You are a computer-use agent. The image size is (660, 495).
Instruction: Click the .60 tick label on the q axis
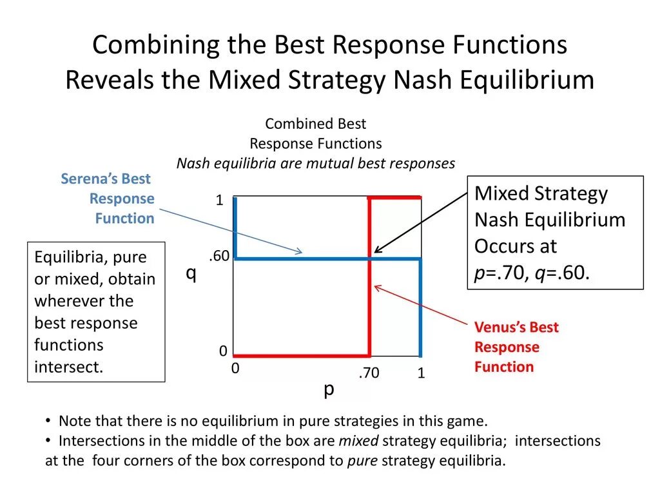[218, 256]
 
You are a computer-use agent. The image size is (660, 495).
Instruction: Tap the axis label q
[191, 273]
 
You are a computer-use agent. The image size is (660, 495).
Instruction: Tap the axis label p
[329, 389]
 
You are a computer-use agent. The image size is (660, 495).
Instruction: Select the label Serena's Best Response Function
[108, 199]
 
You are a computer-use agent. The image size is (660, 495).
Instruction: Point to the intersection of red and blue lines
[369, 259]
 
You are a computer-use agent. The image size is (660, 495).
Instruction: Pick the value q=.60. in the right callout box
[565, 273]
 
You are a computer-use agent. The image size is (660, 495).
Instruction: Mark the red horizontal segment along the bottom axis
[301, 355]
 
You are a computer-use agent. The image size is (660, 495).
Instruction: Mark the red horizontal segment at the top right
[394, 197]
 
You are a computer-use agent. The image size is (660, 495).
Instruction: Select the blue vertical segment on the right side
[420, 307]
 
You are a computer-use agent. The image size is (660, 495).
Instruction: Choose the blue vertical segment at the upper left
[235, 227]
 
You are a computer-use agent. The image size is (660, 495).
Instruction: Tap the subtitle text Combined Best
[316, 124]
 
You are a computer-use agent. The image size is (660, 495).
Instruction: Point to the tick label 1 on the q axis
[219, 201]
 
